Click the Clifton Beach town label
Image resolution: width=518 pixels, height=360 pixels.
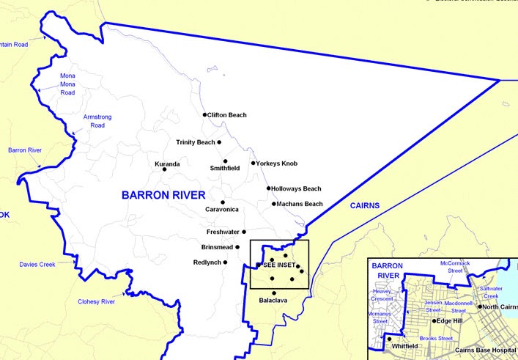click(x=227, y=115)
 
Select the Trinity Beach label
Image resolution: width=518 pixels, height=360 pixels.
click(x=196, y=142)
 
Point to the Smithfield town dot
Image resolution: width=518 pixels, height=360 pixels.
click(x=226, y=161)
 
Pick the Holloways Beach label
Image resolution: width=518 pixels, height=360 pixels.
click(x=296, y=188)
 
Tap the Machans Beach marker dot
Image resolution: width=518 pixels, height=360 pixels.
click(x=274, y=204)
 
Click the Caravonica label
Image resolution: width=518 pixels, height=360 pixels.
click(x=223, y=210)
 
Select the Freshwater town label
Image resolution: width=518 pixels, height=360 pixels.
click(x=223, y=232)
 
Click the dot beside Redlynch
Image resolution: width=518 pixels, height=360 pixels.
click(x=226, y=262)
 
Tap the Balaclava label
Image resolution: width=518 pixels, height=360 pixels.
click(x=273, y=301)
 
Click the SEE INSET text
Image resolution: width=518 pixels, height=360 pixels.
click(x=278, y=265)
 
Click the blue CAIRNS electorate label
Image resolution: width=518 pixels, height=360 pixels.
click(x=364, y=206)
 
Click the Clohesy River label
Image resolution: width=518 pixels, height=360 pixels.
click(x=97, y=301)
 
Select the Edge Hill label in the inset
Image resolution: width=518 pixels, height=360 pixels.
click(x=448, y=321)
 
